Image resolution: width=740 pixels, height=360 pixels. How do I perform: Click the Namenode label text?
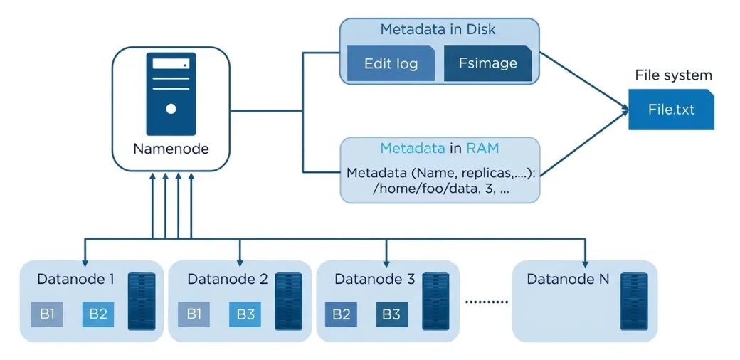pos(171,149)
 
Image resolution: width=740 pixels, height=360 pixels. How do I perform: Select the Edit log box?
pos(391,63)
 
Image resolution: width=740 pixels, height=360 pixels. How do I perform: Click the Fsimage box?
pos(487,63)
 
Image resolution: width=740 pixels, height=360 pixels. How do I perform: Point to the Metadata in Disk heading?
pos(438,30)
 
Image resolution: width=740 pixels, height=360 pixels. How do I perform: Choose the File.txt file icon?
pos(670,110)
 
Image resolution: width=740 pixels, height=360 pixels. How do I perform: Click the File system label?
pos(673,75)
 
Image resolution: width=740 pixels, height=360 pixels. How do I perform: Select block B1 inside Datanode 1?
pos(47,314)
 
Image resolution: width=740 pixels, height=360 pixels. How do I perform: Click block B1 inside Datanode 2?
pos(194,314)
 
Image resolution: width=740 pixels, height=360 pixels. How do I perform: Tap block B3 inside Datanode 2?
pos(245,314)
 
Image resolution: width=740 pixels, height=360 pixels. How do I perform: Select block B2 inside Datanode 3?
pos(341,314)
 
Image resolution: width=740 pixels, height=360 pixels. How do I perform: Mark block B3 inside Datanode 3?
pos(391,314)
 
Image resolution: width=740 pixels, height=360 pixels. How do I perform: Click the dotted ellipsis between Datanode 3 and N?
pos(487,302)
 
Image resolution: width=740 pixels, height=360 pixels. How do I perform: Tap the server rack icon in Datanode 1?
pos(142,300)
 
